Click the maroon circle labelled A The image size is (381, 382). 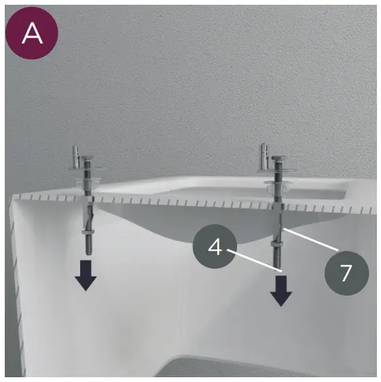point(32,33)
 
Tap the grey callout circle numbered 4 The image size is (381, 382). point(215,246)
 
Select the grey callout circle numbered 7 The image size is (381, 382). point(346,273)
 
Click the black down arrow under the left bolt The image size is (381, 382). point(86,275)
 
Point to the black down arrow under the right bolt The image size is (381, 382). point(281,291)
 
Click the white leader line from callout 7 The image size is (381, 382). point(310,239)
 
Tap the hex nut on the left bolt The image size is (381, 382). point(87,232)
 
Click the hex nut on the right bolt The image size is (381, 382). point(276,243)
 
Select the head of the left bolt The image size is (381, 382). point(87,158)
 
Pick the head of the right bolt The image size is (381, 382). point(278,158)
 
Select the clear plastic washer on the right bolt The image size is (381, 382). point(278,186)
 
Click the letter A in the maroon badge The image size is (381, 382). point(32,33)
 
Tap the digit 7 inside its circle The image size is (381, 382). point(346,273)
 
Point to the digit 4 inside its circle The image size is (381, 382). point(215,247)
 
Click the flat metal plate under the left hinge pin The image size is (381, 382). point(85,168)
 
